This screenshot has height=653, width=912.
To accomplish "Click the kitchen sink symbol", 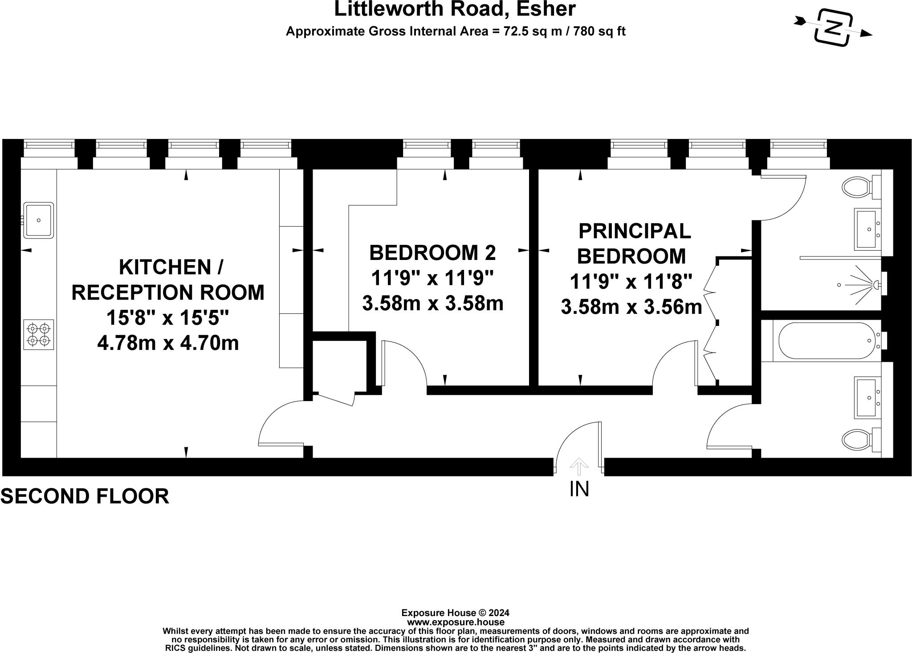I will pos(39,220).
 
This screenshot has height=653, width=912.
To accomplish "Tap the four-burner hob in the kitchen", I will pos(38,334).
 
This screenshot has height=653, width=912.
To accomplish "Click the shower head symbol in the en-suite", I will pos(863,284).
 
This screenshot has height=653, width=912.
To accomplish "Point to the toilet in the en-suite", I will pos(857,187).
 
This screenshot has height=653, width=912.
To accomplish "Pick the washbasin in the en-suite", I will pos(867,229).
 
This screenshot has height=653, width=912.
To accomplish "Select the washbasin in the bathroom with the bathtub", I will pos(867,397).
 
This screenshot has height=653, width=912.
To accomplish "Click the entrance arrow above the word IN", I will pos(579,467).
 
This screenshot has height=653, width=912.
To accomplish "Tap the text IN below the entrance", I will pos(579,489).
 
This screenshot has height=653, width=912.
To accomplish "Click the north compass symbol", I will pos(833,28).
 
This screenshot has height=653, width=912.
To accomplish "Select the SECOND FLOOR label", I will pos(85,496).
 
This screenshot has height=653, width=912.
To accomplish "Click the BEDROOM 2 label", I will pos(432,253).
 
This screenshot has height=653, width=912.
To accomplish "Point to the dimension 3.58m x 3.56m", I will pos(631,307).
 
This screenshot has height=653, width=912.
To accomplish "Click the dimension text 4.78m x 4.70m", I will pos(168,343).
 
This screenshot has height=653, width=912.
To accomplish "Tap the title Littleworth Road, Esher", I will pos(455,9).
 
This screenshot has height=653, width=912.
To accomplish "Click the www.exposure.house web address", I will pos(455,622).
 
